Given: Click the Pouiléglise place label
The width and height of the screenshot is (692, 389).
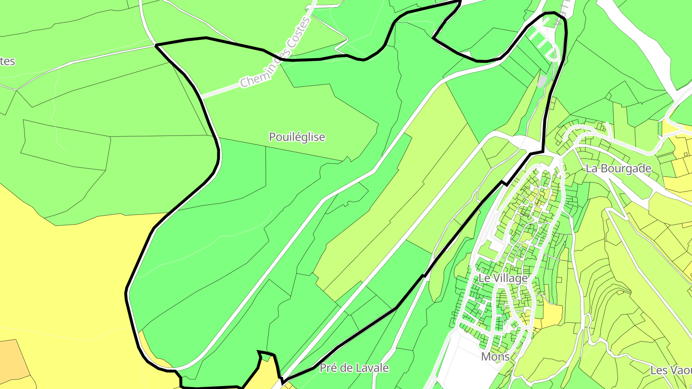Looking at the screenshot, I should pos(297,137).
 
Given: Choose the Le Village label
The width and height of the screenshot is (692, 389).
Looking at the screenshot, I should pos(503,278).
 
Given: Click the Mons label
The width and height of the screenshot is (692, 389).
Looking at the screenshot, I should pos(495,356).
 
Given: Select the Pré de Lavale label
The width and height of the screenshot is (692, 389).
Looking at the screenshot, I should pos(354,368).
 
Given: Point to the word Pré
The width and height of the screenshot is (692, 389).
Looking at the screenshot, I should pos(328,368).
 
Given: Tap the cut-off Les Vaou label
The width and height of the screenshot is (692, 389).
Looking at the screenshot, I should pos(671,370).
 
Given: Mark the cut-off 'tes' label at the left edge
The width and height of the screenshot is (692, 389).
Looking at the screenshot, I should pos(8,61).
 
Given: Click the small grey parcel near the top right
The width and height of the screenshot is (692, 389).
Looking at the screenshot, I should pos(543,81).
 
